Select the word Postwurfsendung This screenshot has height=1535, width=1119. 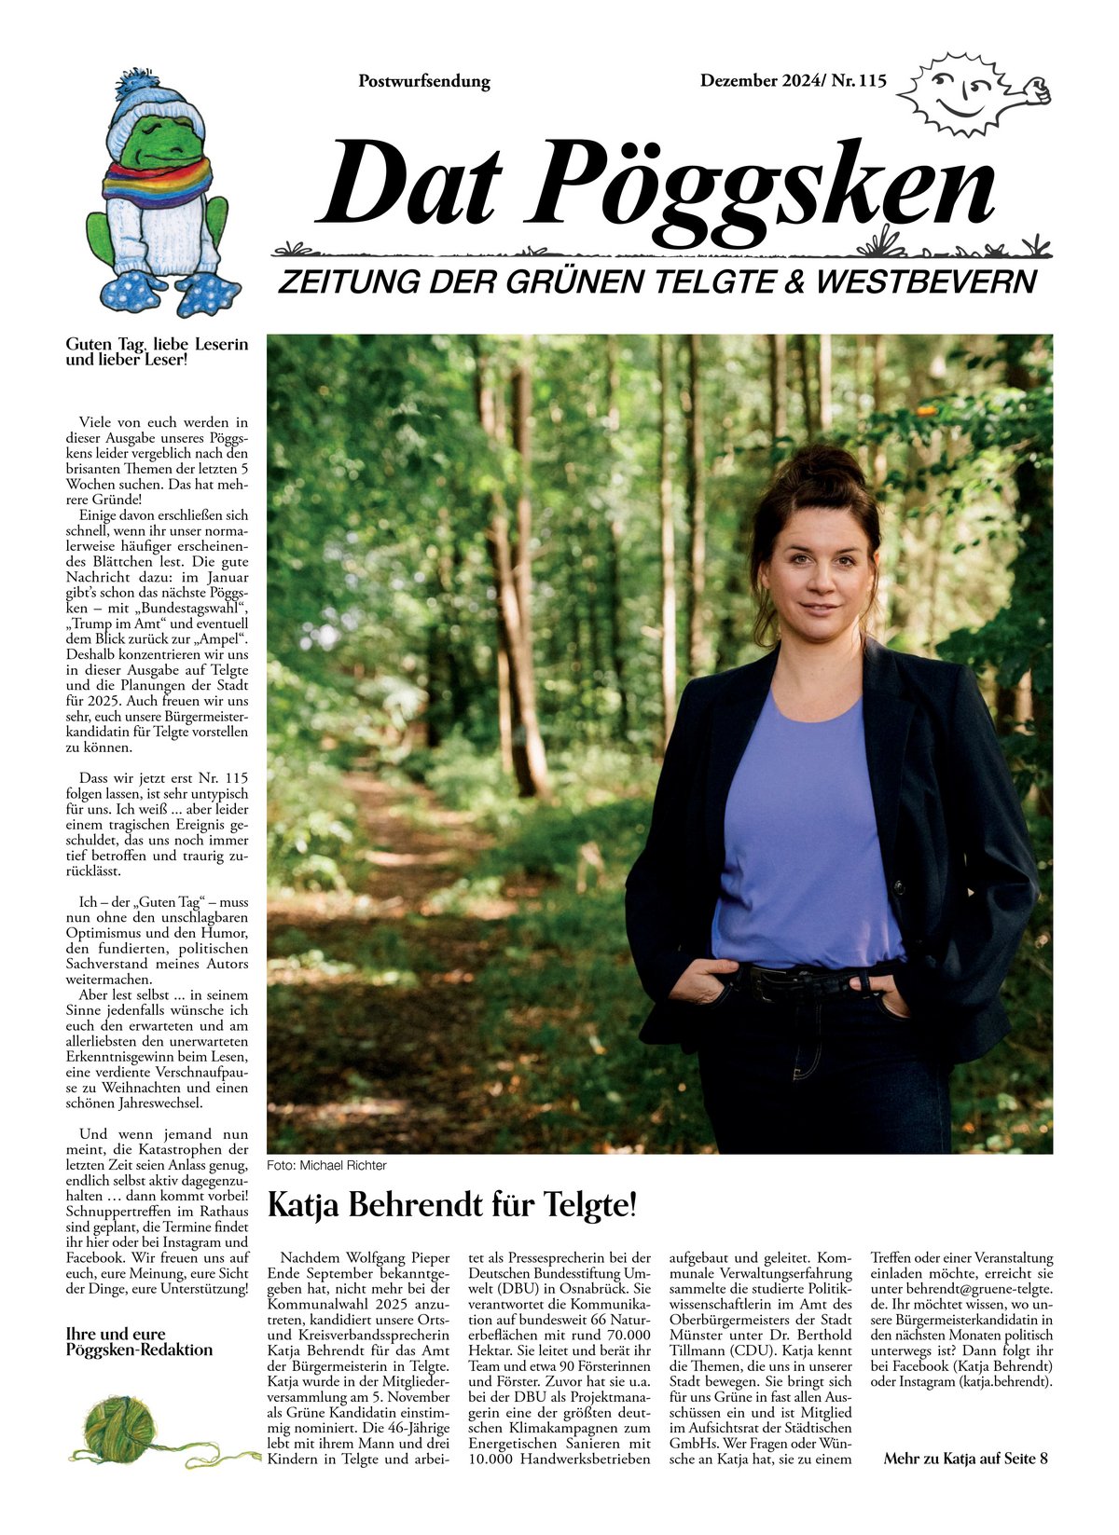(424, 81)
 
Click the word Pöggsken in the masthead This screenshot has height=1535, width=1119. (765, 186)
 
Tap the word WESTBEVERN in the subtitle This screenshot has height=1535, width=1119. (927, 281)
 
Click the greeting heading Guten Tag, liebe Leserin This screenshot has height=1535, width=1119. (157, 345)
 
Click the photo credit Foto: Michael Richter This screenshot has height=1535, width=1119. (326, 1166)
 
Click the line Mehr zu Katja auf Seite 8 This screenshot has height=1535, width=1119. (965, 1459)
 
